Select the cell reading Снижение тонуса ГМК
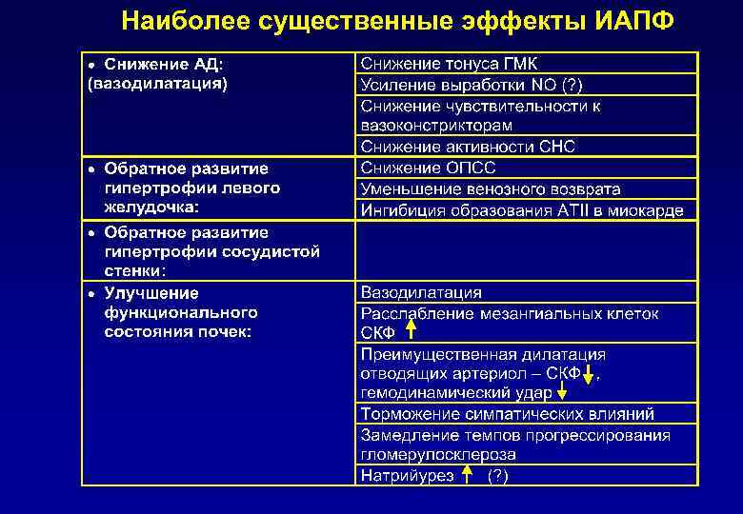(449, 64)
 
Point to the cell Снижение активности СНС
(468, 147)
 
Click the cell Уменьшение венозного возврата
(491, 188)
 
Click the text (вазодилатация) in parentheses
(157, 85)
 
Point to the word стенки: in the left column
(133, 270)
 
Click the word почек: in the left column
(221, 332)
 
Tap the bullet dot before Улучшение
(91, 293)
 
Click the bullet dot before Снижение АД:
(91, 65)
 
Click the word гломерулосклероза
(438, 455)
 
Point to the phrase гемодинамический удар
(456, 392)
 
